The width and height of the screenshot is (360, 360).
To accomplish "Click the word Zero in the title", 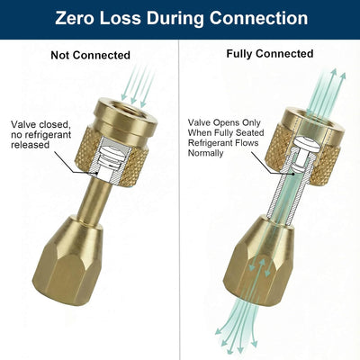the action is (75, 18).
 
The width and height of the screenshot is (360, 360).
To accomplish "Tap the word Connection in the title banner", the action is (258, 18).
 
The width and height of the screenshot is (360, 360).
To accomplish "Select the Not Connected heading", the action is (90, 55).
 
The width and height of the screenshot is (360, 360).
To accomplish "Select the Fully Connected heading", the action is (270, 54).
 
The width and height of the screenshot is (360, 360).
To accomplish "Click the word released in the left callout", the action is (30, 145).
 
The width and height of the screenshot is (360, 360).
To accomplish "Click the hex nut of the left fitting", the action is (67, 261).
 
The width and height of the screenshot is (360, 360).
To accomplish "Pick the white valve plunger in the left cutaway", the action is (110, 156).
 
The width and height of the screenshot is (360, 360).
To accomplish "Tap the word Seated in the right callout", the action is (249, 132).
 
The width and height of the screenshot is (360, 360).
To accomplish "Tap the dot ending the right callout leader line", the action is (292, 174).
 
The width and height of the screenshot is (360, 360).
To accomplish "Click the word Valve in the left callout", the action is (23, 124).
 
